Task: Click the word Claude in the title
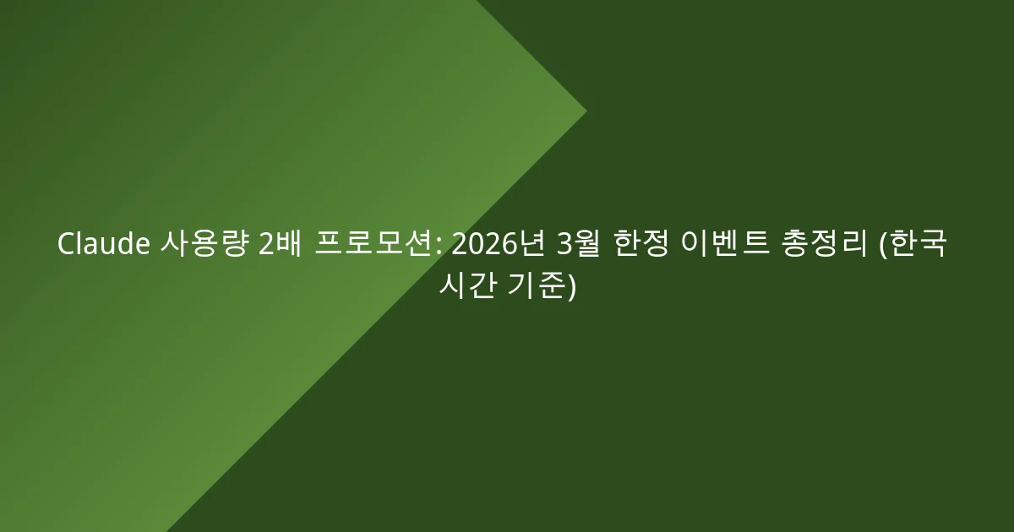104,245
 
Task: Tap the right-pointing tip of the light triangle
586,111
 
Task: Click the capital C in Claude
66,245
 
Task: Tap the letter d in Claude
127,245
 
